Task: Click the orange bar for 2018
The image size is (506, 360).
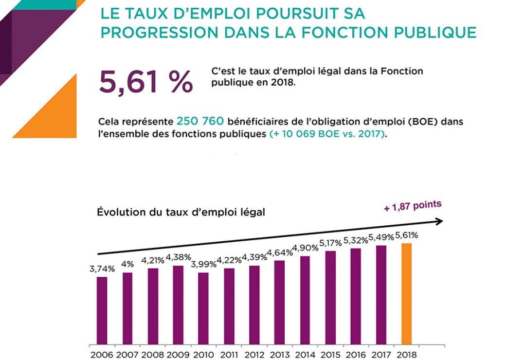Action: tap(406, 294)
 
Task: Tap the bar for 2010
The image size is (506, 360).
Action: tap(203, 308)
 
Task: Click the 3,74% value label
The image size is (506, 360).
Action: tap(102, 269)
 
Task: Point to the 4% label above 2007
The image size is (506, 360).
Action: tap(127, 264)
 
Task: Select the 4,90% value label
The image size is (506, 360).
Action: tap(305, 248)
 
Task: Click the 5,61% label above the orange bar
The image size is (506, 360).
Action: tap(406, 235)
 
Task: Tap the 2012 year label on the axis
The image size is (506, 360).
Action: tap(254, 355)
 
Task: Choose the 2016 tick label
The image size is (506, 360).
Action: tap(356, 355)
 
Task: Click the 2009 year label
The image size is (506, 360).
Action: tap(178, 355)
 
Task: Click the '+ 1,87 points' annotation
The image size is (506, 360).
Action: tap(413, 206)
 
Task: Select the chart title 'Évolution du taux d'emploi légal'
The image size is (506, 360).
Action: tap(181, 212)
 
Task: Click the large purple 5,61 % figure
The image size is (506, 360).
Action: tap(145, 81)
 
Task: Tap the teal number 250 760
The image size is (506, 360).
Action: tap(200, 121)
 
